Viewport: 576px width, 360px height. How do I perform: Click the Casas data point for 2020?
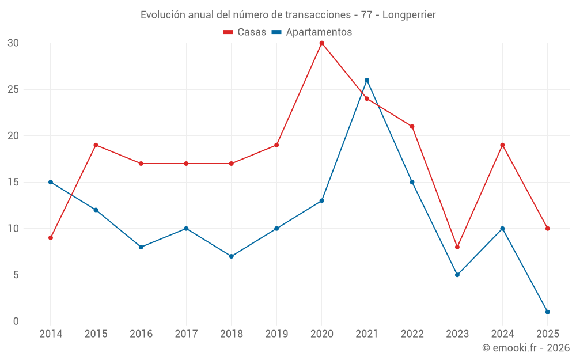(321, 43)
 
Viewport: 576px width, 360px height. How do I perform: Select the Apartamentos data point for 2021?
(367, 80)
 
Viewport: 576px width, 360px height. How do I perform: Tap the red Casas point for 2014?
(51, 238)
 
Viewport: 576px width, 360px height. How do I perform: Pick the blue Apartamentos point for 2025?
(547, 312)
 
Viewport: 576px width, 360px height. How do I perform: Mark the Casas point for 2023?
(457, 247)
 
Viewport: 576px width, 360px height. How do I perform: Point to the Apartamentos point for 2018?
(231, 256)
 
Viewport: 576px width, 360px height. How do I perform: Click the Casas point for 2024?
(502, 145)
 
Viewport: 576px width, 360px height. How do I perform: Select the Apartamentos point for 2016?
(141, 247)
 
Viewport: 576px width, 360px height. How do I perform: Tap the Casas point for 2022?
(412, 127)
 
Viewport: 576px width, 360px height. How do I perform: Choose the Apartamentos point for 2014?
(51, 182)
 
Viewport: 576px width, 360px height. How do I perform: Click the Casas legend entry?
(245, 32)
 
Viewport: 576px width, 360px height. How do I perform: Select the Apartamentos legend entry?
(312, 32)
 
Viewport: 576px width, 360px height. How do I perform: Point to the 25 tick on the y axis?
(13, 89)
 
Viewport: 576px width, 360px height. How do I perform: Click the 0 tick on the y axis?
(16, 321)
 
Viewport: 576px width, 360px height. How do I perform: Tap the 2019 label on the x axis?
(276, 334)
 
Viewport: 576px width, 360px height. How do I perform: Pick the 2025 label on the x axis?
(547, 334)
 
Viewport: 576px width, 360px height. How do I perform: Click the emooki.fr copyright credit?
(525, 348)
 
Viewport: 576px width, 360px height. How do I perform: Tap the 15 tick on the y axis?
(13, 182)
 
